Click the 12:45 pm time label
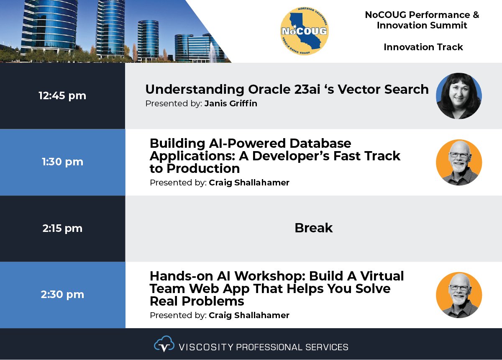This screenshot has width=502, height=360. pyautogui.click(x=62, y=96)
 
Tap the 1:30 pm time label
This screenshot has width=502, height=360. pyautogui.click(x=62, y=162)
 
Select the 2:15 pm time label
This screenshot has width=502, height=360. pyautogui.click(x=62, y=228)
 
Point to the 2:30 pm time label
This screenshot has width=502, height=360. pyautogui.click(x=62, y=295)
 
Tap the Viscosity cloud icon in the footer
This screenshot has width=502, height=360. pyautogui.click(x=164, y=344)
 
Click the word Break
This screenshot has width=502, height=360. pyautogui.click(x=313, y=228)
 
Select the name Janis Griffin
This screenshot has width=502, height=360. pyautogui.click(x=231, y=103)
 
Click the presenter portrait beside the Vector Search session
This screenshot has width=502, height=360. pyautogui.click(x=459, y=96)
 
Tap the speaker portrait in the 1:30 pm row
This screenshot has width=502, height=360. pyautogui.click(x=459, y=162)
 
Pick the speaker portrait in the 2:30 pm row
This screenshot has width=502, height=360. pyautogui.click(x=459, y=295)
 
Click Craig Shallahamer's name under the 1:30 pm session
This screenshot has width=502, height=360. pyautogui.click(x=249, y=183)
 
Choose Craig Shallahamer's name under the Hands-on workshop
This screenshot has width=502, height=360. pyautogui.click(x=249, y=315)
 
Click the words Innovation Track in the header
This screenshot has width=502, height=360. pyautogui.click(x=423, y=47)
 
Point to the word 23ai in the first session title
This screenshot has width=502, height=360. pyautogui.click(x=307, y=89)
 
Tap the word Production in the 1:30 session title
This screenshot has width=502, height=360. pyautogui.click(x=203, y=168)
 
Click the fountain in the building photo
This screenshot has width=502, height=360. pyautogui.click(x=212, y=53)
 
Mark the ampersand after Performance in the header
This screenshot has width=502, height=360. pyautogui.click(x=476, y=15)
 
